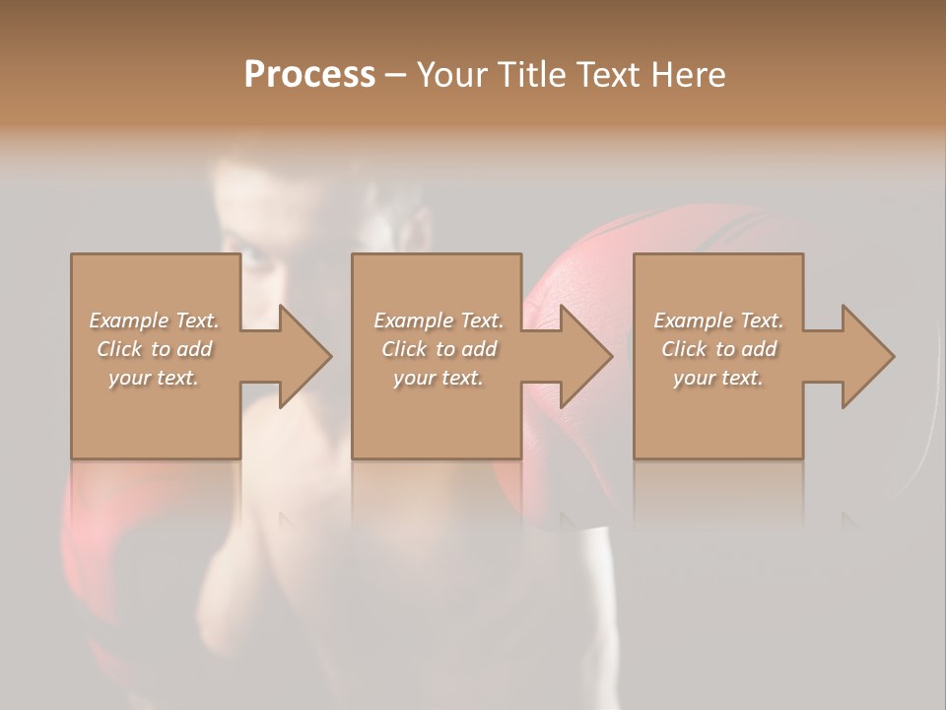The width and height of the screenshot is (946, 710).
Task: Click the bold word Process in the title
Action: [309, 75]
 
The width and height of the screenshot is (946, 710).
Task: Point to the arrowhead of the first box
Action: [304, 356]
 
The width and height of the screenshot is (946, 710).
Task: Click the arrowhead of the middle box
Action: [585, 356]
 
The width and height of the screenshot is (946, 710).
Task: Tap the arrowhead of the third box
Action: [867, 356]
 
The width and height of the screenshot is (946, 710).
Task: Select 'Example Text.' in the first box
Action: [154, 320]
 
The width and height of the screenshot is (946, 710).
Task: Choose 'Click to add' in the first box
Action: [154, 349]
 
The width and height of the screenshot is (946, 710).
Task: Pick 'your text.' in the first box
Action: [154, 378]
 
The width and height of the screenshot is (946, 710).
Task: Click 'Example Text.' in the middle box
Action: [439, 320]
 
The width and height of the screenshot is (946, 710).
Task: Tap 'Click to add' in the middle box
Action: [439, 349]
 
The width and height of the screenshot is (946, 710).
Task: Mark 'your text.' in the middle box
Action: [439, 378]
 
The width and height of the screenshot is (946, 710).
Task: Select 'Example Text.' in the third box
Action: [718, 320]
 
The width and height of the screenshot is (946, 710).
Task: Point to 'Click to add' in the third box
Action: [718, 349]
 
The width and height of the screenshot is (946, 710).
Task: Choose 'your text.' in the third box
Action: [718, 378]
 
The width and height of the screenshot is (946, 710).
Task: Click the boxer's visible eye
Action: [253, 259]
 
